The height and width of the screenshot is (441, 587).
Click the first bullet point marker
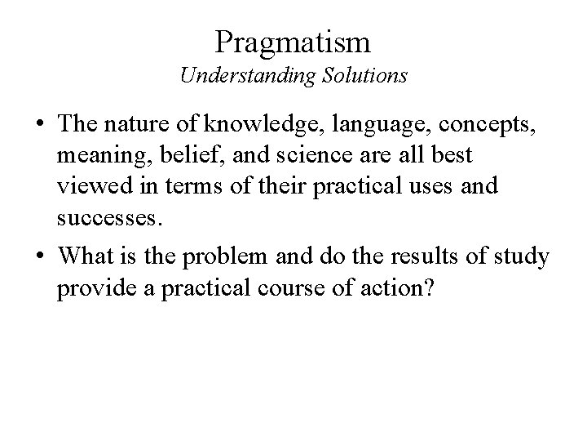pos(38,127)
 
